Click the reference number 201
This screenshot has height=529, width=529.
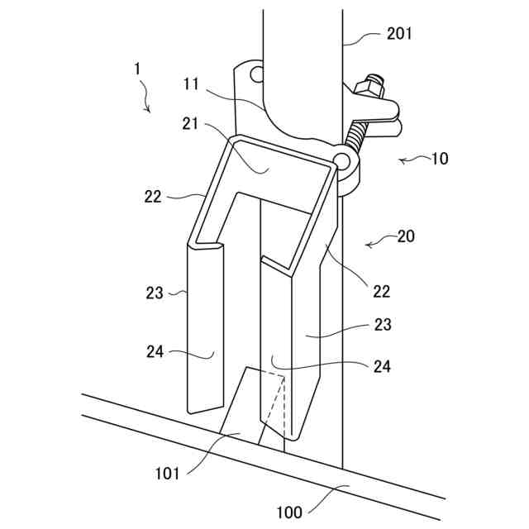click(399, 34)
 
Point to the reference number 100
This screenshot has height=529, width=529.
click(289, 512)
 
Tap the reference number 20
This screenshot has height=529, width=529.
click(405, 236)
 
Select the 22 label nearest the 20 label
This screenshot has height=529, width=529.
click(381, 290)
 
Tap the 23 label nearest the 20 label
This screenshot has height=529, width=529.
click(381, 325)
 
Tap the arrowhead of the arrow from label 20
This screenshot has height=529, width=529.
click(366, 245)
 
